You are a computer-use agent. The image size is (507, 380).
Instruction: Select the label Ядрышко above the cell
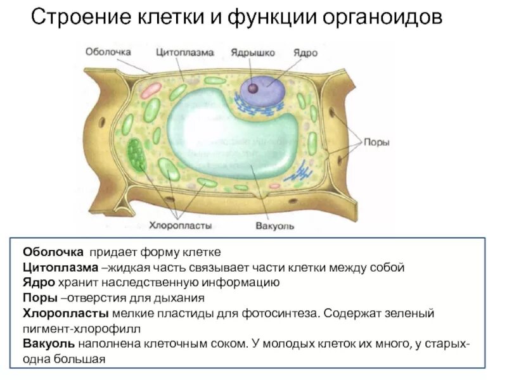tap(252, 53)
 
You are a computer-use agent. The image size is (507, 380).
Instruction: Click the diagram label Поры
tap(376, 142)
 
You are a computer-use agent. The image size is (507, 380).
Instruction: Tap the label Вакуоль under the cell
tap(275, 225)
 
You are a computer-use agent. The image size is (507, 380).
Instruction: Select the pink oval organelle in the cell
tap(151, 89)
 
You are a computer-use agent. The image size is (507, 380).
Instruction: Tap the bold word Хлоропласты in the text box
tap(66, 313)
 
